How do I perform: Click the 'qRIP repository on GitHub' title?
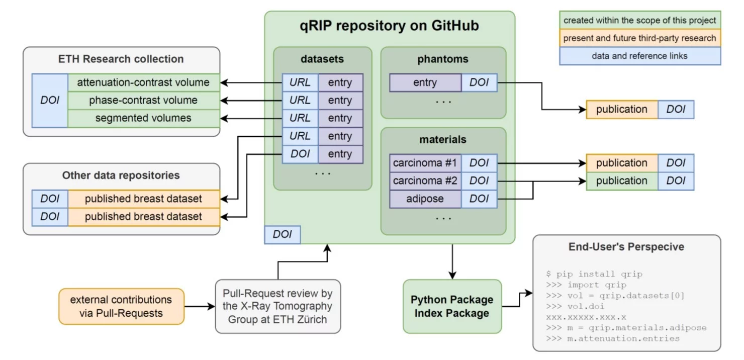(x=390, y=26)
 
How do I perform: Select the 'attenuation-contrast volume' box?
(x=143, y=82)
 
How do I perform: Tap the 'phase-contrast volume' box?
(x=143, y=100)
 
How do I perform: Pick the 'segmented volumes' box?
(x=143, y=118)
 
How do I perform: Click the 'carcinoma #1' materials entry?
(x=425, y=163)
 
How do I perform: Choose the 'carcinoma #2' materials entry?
(x=425, y=181)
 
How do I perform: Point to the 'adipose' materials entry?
(x=425, y=199)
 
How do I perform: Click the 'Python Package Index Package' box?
(x=452, y=306)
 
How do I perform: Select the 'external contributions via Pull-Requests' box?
(x=121, y=306)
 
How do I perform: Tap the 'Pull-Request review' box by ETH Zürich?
(x=277, y=306)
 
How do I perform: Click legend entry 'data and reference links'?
(x=640, y=56)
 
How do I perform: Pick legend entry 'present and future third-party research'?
(x=640, y=38)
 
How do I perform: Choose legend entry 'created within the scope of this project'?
(x=640, y=21)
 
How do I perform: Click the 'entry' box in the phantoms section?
(x=425, y=82)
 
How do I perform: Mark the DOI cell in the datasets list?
(x=300, y=154)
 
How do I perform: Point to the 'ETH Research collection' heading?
(x=121, y=59)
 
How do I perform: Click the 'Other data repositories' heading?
(x=121, y=175)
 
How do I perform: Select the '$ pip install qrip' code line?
(x=594, y=274)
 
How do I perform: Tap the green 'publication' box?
(x=621, y=181)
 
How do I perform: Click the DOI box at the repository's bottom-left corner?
(x=282, y=234)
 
